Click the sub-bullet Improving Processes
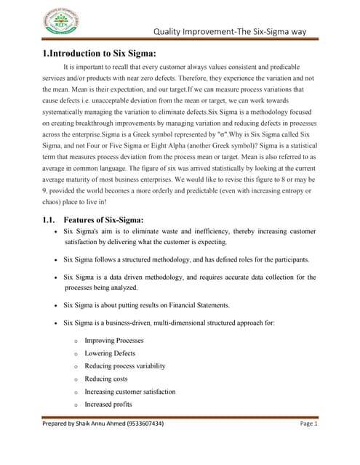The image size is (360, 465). pos(114,340)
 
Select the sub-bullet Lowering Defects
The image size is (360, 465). pos(111,353)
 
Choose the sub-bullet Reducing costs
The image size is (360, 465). pos(106,379)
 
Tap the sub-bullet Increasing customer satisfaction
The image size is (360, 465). pos(130,392)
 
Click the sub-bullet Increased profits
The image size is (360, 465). pos(108,404)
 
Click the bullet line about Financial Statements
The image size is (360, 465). pos(145,304)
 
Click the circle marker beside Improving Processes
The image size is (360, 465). pos(76,341)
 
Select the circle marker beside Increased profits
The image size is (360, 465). pos(76,405)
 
